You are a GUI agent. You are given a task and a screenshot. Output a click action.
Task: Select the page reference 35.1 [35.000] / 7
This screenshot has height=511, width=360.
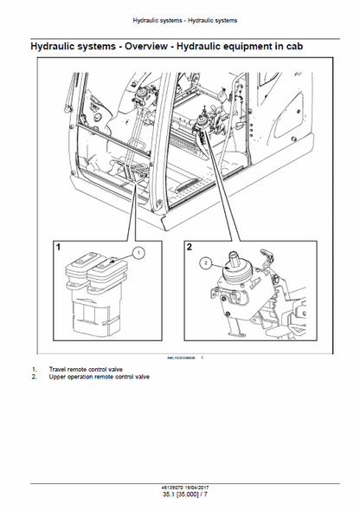pyautogui.click(x=179, y=496)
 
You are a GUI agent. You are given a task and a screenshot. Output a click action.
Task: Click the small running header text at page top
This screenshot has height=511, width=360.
pyautogui.click(x=179, y=19)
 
